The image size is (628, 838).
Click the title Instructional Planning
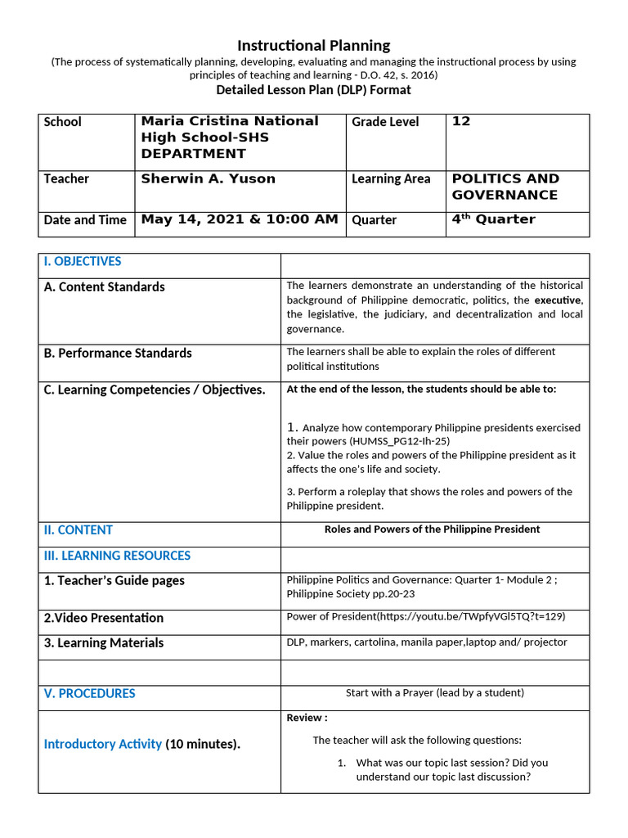pyautogui.click(x=313, y=46)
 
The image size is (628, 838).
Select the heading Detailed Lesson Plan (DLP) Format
pyautogui.click(x=313, y=89)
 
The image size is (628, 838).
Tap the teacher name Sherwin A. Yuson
pyautogui.click(x=208, y=178)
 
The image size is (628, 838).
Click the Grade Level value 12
pyautogui.click(x=461, y=121)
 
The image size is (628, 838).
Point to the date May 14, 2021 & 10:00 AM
pyautogui.click(x=239, y=219)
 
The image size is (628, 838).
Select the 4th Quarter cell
pyautogui.click(x=493, y=219)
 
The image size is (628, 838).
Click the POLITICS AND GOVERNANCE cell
pyautogui.click(x=505, y=187)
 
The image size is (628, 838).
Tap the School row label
pyautogui.click(x=63, y=122)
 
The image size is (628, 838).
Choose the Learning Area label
pyautogui.click(x=391, y=179)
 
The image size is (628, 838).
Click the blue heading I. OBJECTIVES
pyautogui.click(x=82, y=262)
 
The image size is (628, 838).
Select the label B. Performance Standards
pyautogui.click(x=118, y=354)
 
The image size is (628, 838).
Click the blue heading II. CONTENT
pyautogui.click(x=78, y=530)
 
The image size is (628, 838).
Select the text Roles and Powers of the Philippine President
pyautogui.click(x=432, y=529)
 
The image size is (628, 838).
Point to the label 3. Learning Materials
pyautogui.click(x=103, y=643)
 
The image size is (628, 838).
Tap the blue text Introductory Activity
pyautogui.click(x=102, y=745)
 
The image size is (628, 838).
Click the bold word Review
pyautogui.click(x=305, y=719)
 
